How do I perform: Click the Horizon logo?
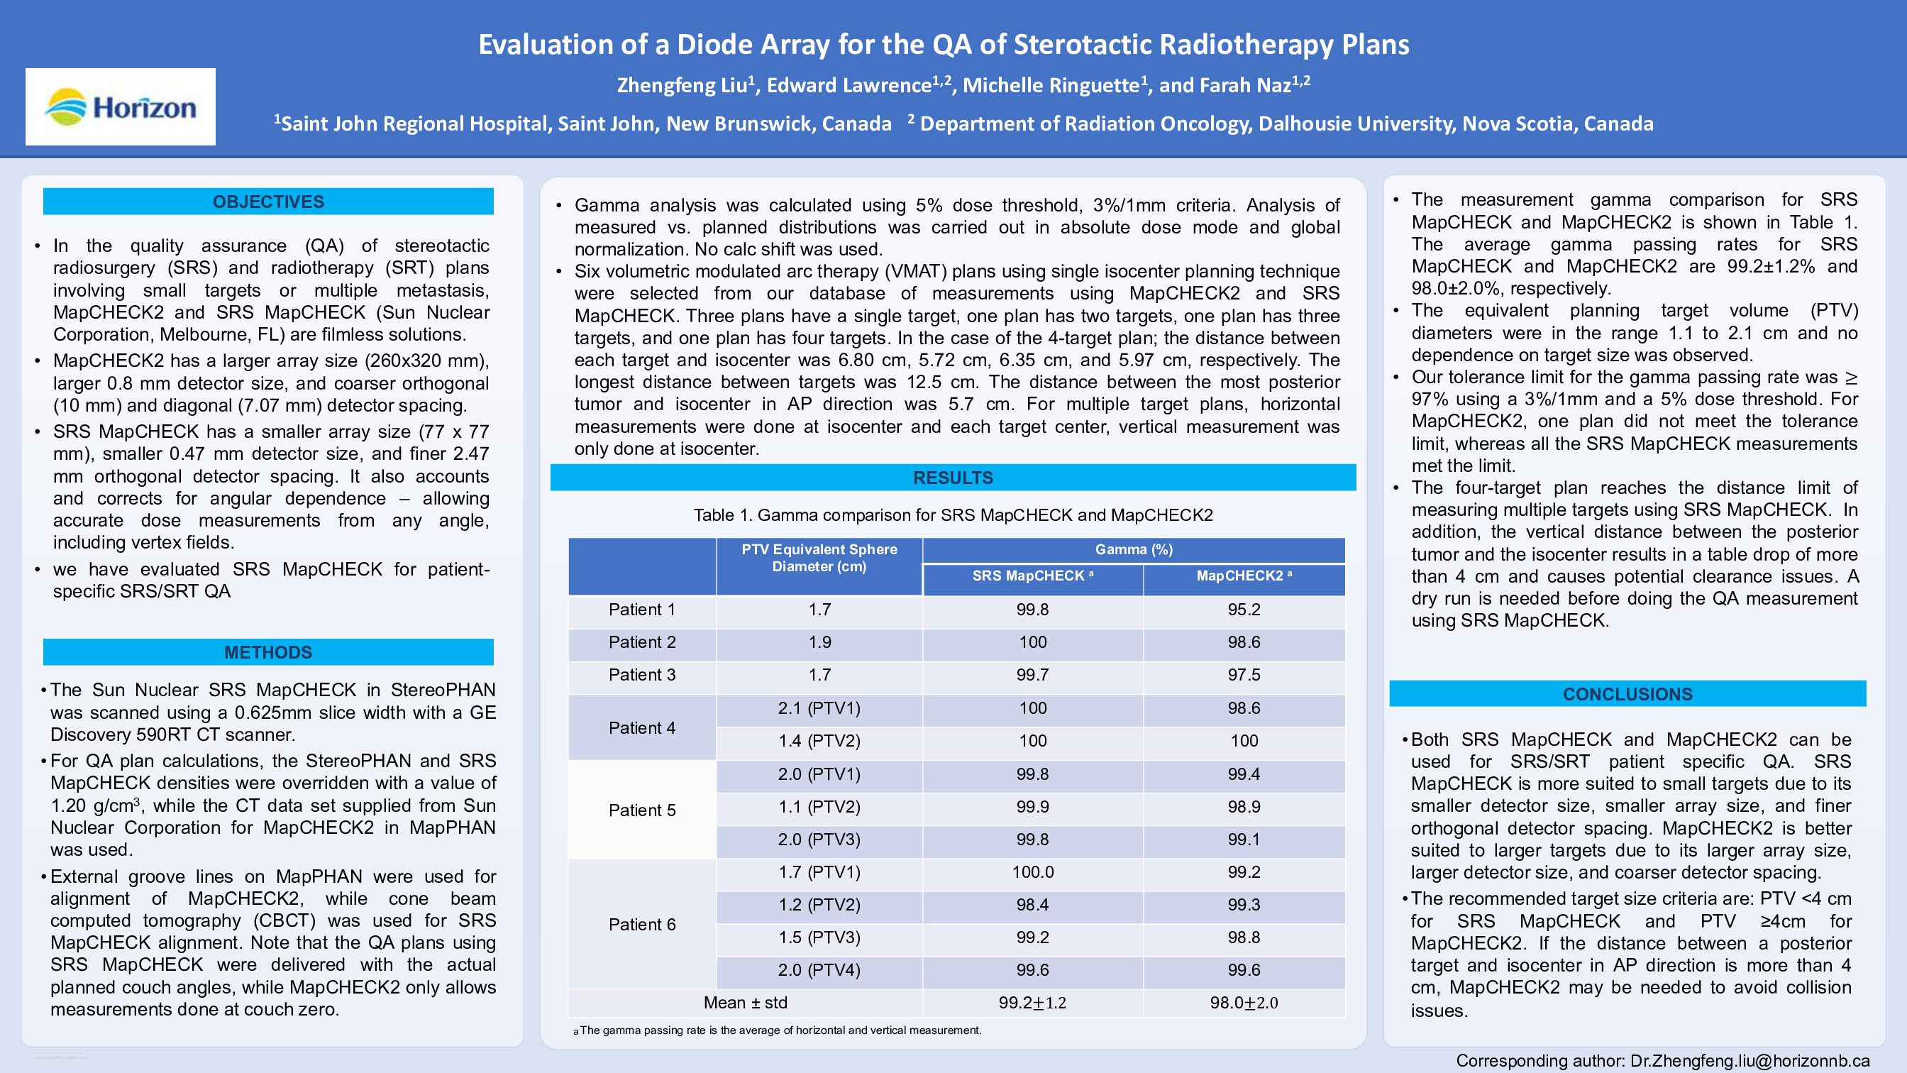(121, 106)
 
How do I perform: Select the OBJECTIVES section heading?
(268, 202)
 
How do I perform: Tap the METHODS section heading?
(268, 651)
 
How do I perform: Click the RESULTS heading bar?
(953, 478)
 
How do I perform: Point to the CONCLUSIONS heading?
(1627, 694)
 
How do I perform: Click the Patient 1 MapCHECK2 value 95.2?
(1244, 610)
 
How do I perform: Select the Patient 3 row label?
(642, 675)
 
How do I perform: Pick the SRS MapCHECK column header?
(1032, 576)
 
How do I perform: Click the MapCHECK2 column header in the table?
(1244, 576)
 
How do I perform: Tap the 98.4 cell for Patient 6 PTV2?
(1032, 904)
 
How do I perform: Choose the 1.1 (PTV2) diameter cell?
(819, 806)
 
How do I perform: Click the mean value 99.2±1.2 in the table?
(1032, 1003)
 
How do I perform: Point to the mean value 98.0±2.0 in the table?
(1244, 1003)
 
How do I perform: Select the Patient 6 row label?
(642, 924)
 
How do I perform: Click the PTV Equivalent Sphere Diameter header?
(819, 558)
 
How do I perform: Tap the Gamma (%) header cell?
(1134, 549)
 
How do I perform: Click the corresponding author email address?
(1750, 1060)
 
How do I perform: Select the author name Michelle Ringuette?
(1051, 86)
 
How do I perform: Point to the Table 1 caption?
(953, 515)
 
